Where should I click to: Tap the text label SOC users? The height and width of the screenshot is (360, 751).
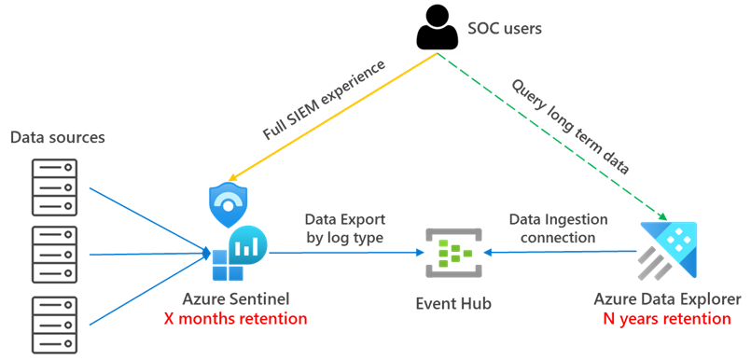click(504, 28)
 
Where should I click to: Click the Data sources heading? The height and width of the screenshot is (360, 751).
click(57, 138)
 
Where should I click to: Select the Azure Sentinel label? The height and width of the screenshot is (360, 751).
click(236, 299)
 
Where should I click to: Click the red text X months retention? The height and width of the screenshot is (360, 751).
click(236, 318)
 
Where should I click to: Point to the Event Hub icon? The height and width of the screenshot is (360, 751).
click(452, 252)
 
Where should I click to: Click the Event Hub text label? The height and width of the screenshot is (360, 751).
click(452, 304)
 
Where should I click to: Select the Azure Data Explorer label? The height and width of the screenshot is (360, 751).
click(667, 299)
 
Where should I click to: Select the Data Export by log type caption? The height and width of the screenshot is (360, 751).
click(344, 228)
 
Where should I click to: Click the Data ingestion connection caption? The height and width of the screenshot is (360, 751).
click(558, 228)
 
